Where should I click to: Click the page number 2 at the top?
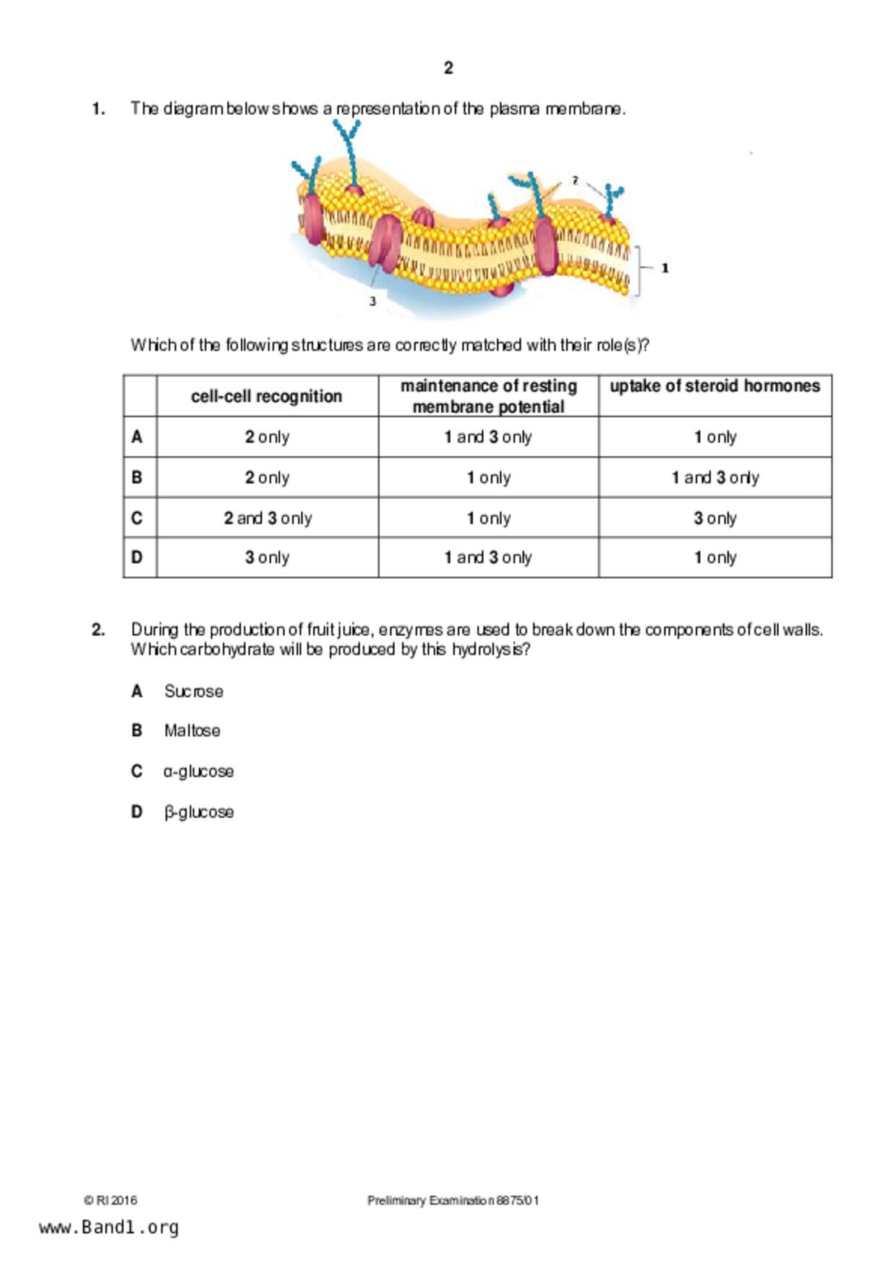pos(448,68)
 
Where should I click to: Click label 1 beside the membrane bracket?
pos(665,268)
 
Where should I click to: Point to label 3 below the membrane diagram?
pos(372,301)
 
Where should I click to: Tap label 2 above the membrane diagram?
pos(575,180)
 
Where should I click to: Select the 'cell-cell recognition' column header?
pos(266,396)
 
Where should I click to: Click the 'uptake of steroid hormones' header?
pos(714,386)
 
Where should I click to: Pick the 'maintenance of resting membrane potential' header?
pos(488,396)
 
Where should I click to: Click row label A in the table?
pos(137,437)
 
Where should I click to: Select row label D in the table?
pos(137,557)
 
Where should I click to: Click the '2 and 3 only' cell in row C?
pos(268,518)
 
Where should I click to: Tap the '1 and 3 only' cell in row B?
pos(714,477)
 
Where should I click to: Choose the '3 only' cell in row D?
pos(267,557)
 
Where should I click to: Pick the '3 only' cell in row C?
pos(714,518)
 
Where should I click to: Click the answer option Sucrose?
pos(193,691)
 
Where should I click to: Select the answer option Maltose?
pos(192,730)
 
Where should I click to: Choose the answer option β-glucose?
pos(199,812)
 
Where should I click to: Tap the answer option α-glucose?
pos(199,771)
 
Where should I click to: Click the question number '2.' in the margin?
pos(98,630)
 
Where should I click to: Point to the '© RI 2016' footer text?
pos(110,1200)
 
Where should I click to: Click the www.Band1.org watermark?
pos(109,1227)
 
